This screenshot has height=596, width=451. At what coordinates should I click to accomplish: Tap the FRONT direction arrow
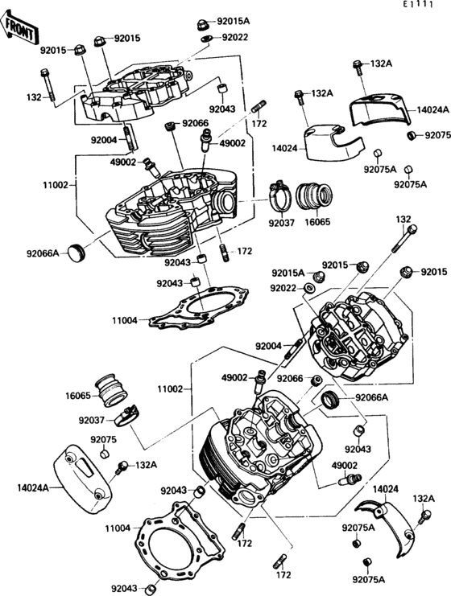[x=21, y=31]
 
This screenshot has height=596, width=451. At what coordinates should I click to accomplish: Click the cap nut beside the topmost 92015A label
[x=203, y=20]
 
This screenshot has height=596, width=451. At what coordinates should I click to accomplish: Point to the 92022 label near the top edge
[x=235, y=37]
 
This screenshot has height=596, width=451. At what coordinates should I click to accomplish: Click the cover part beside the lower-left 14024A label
[x=81, y=483]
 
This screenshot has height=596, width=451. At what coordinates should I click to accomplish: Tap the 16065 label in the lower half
[x=78, y=396]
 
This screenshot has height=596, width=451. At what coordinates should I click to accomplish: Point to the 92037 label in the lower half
[x=92, y=420]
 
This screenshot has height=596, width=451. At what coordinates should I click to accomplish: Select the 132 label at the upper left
[x=33, y=97]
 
